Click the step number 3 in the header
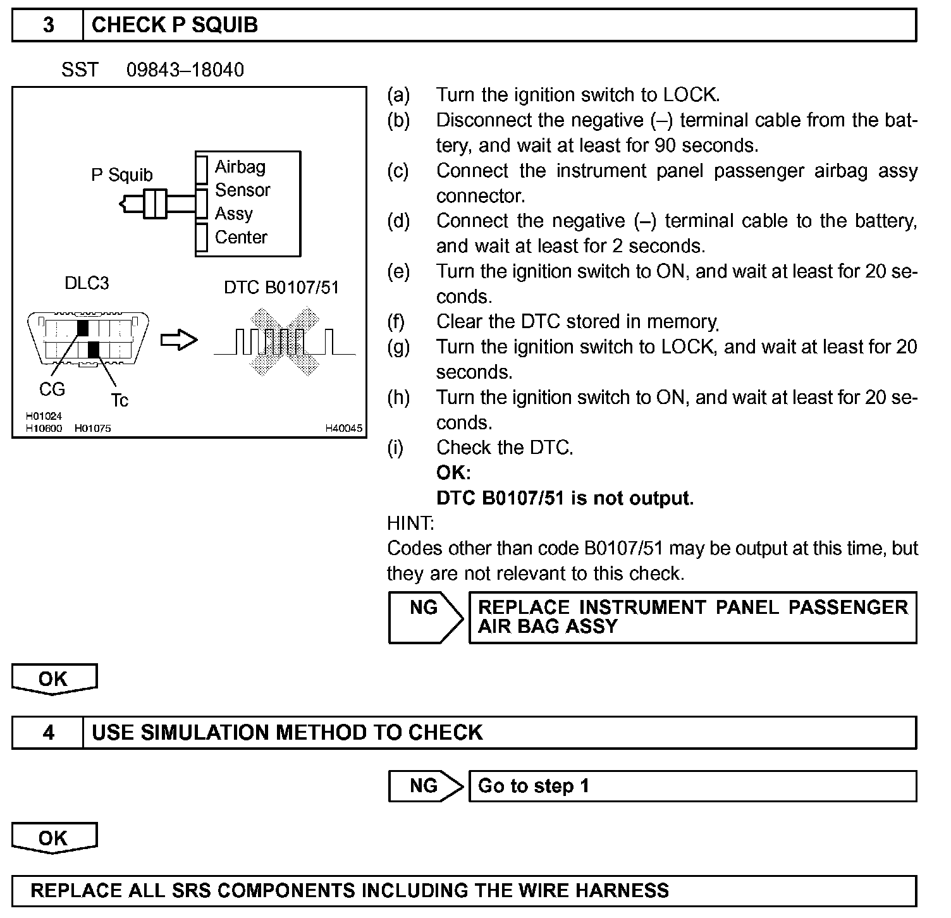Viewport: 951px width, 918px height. tap(48, 25)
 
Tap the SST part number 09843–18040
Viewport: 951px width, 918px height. tap(185, 70)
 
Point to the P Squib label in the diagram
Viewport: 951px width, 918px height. tap(122, 174)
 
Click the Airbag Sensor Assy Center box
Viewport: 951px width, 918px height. tap(248, 203)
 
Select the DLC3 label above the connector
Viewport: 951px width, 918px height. tap(87, 283)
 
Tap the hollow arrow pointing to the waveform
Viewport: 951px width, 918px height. tap(179, 341)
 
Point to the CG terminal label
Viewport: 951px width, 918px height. tap(52, 389)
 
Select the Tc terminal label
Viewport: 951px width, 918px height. tap(120, 400)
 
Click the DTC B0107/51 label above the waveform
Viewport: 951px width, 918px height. tap(281, 288)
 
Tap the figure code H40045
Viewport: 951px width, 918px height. tap(344, 428)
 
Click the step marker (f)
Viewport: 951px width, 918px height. tap(396, 322)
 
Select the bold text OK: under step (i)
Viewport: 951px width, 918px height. tap(453, 473)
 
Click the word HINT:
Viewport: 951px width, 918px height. tap(410, 523)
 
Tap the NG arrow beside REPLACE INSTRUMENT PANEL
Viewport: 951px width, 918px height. tap(425, 616)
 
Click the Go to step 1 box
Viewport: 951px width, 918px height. tap(692, 786)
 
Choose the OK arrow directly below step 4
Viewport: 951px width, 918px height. tap(54, 838)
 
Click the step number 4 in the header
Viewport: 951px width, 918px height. tap(48, 733)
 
